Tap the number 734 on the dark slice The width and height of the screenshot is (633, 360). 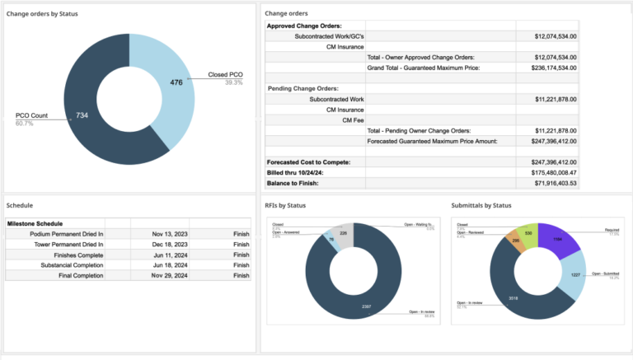click(x=81, y=116)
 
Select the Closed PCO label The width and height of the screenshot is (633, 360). click(x=225, y=74)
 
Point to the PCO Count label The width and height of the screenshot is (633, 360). click(x=32, y=115)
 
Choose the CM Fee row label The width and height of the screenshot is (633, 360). click(x=353, y=119)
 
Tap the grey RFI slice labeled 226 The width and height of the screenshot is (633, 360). click(x=344, y=233)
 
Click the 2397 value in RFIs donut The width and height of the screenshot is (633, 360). click(x=367, y=306)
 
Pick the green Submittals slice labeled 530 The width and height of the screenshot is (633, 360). click(x=527, y=233)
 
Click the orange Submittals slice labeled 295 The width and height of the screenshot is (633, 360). click(x=516, y=241)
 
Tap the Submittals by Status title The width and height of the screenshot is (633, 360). click(x=481, y=204)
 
